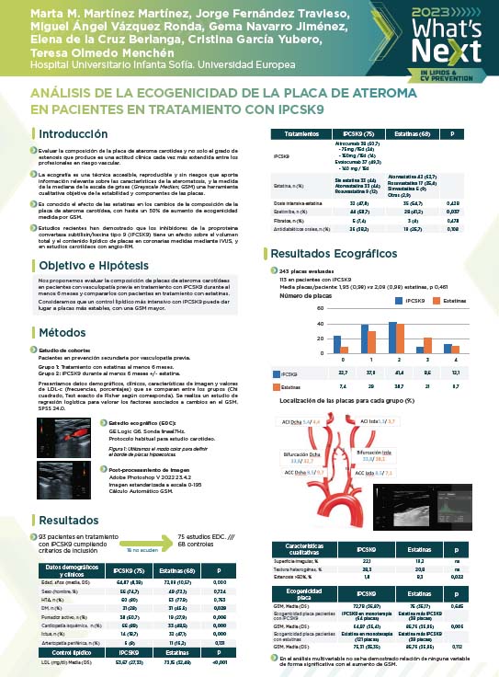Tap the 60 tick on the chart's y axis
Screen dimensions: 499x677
(x=320, y=309)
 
